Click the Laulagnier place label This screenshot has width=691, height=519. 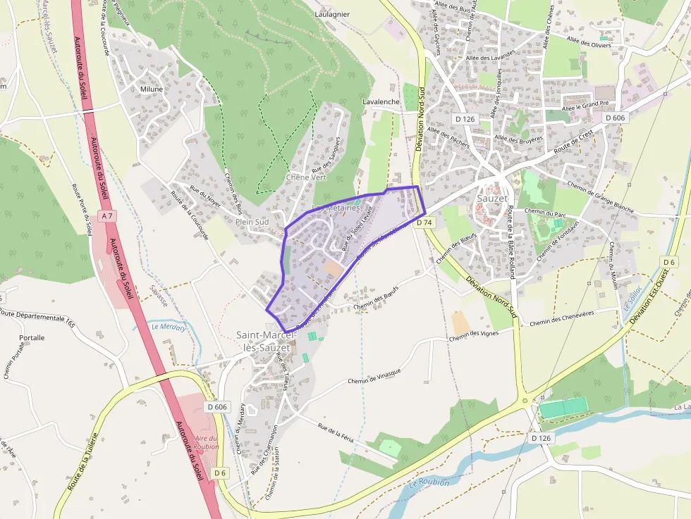click(x=333, y=13)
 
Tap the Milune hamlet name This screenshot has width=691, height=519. click(x=151, y=89)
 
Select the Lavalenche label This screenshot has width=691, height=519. click(x=381, y=101)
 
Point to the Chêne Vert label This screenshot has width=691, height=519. click(x=306, y=177)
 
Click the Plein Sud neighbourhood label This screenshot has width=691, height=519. click(x=252, y=221)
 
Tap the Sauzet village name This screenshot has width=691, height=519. click(x=491, y=198)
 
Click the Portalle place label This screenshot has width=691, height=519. click(x=32, y=338)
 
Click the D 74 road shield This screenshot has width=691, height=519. click(x=423, y=223)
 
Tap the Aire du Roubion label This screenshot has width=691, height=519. click(x=207, y=442)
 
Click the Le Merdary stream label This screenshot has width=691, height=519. click(x=169, y=327)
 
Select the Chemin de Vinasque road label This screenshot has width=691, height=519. click(x=374, y=377)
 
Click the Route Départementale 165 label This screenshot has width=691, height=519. click(x=38, y=318)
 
